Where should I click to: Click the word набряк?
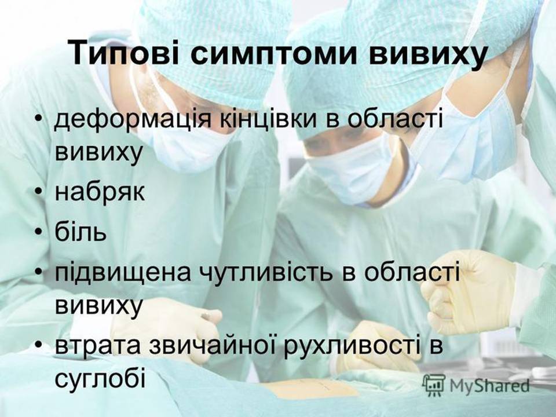pos(100,192)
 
